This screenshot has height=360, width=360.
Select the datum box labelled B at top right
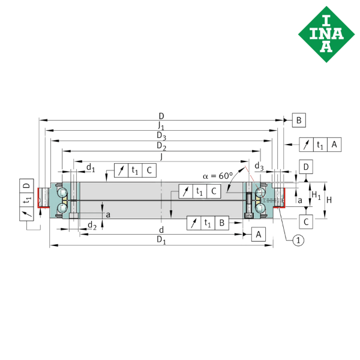[x=298, y=121]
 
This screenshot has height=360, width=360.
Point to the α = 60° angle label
[x=217, y=176]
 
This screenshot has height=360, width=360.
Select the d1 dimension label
[x=90, y=167]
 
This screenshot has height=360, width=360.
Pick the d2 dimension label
[x=91, y=225]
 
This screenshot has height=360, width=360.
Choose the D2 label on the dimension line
[x=161, y=146]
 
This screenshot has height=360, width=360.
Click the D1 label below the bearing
[x=161, y=239]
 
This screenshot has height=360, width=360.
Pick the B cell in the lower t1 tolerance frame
[x=221, y=223]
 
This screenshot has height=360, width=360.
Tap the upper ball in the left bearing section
[x=62, y=192]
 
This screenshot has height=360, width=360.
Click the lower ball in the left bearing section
[x=62, y=208]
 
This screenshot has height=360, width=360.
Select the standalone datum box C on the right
[x=306, y=221]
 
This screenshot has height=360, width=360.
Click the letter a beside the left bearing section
[x=108, y=214]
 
